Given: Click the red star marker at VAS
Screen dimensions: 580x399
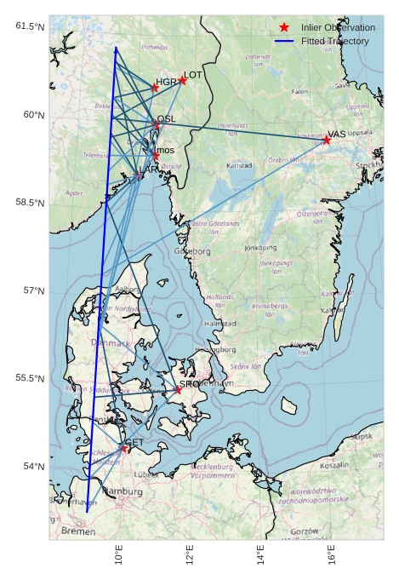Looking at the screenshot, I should pos(327,140).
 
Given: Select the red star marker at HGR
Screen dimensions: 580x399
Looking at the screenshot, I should pos(155,88).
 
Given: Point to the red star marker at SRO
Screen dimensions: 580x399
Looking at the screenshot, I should pos(179,389).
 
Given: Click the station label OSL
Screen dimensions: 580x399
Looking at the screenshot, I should pos(167,119).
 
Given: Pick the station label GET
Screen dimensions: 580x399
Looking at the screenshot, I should pos(134,442).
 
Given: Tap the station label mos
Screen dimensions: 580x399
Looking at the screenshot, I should pos(165,150).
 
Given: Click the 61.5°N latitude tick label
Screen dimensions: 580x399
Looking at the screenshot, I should pos(29,26).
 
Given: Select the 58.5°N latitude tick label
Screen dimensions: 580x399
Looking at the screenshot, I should pos(29,203).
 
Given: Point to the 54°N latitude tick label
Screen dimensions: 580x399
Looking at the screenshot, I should pos(32,466).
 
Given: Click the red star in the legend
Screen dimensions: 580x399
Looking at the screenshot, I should pos(284,28).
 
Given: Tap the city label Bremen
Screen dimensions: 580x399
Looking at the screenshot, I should pos(78,531).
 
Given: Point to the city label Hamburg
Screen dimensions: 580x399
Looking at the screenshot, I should pos(123,491).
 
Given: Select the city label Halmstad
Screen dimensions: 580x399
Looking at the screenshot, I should pos(220,324).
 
